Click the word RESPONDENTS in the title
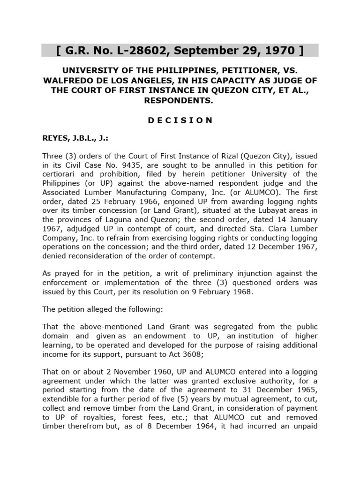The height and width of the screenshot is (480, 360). [180, 100]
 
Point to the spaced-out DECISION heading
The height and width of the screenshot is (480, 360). [180, 120]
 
